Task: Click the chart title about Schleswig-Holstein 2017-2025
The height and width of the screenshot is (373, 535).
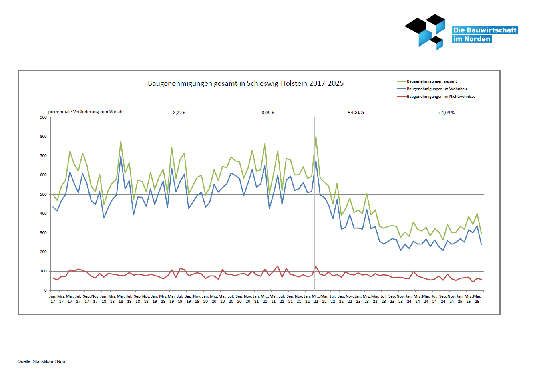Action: (x=245, y=83)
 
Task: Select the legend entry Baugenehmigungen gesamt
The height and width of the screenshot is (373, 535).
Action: (x=432, y=81)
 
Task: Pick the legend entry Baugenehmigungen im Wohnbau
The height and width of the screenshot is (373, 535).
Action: (x=436, y=89)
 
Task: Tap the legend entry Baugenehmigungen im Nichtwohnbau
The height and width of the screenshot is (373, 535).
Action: (x=441, y=97)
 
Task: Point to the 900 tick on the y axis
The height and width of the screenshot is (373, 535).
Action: (x=43, y=117)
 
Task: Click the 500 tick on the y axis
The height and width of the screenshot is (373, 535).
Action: (x=43, y=194)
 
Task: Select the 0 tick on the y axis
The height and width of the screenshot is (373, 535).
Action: (x=46, y=290)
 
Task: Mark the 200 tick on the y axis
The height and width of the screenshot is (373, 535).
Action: (x=43, y=252)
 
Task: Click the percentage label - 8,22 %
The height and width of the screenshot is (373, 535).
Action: (x=178, y=113)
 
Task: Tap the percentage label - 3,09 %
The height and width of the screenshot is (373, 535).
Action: (x=267, y=113)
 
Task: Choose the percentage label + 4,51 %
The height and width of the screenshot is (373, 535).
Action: (x=356, y=112)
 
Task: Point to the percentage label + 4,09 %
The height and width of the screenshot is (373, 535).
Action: (x=446, y=113)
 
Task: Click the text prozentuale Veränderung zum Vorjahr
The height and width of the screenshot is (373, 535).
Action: (x=87, y=112)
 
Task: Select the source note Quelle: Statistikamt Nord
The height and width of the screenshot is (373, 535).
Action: (x=42, y=361)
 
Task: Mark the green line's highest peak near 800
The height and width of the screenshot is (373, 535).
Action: (x=316, y=137)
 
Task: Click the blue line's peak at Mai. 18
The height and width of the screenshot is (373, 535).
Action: (x=121, y=156)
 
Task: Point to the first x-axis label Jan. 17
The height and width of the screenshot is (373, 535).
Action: (x=53, y=299)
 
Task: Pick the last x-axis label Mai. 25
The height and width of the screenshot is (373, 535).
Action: (x=477, y=299)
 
